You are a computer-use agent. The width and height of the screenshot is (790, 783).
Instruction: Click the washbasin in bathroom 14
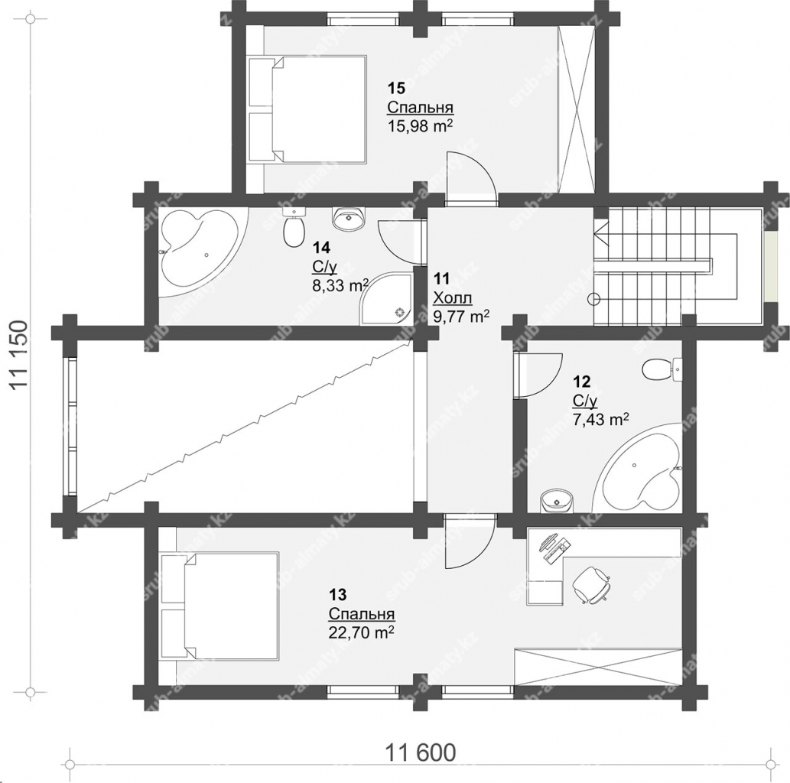point(348,218)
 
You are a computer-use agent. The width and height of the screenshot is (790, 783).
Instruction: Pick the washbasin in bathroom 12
point(557,501)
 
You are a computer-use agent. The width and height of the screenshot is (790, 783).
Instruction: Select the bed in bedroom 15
point(307,109)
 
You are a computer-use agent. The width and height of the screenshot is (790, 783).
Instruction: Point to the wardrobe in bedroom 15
point(577,109)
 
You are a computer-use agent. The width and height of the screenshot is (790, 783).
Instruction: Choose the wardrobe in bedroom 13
point(598,668)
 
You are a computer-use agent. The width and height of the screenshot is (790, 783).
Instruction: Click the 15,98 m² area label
point(419,126)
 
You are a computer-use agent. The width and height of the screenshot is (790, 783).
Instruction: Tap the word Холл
point(453,298)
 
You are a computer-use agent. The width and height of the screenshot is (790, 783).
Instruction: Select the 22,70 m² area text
point(361,632)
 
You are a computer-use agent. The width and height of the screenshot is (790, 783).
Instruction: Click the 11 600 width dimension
point(421,752)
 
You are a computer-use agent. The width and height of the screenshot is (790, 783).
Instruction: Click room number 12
point(581,381)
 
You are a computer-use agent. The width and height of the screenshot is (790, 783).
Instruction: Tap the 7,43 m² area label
point(600,419)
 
